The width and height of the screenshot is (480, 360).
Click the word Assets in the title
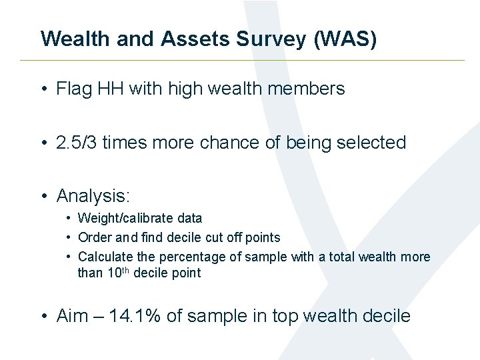(195, 39)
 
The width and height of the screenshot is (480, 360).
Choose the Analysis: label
(93, 196)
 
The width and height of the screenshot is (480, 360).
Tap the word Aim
(73, 316)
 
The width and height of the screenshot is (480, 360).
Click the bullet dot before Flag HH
(43, 89)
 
